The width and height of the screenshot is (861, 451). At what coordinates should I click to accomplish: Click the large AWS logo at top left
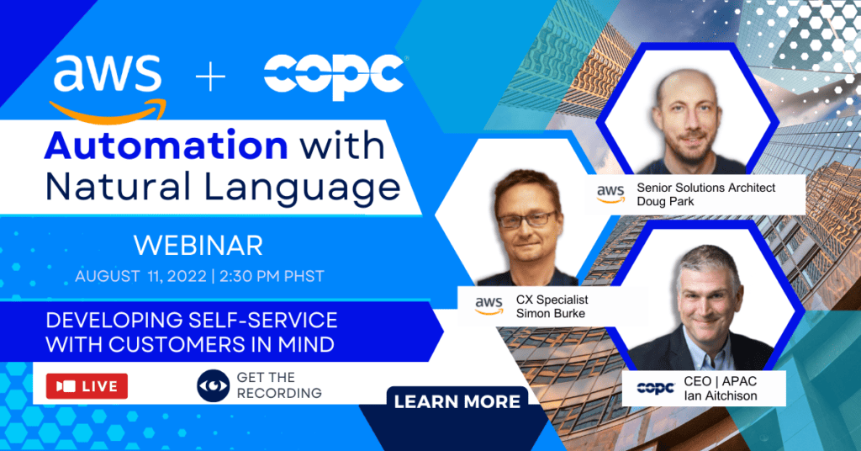click(108, 88)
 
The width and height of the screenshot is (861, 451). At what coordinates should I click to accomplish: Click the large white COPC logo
click(335, 77)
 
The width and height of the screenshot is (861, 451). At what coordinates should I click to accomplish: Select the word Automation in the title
click(166, 146)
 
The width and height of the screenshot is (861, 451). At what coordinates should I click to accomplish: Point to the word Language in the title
click(302, 188)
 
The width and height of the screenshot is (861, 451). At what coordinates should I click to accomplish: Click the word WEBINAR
click(198, 246)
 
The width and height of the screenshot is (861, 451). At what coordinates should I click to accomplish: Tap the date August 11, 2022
click(140, 276)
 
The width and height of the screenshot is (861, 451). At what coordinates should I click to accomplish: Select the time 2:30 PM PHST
click(272, 276)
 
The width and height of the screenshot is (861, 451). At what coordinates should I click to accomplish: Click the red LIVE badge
click(87, 386)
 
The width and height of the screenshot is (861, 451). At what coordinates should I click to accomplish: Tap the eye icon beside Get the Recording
click(213, 385)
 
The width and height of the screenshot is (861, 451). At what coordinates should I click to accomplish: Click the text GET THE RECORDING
click(279, 385)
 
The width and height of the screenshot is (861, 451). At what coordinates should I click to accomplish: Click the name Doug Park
click(665, 202)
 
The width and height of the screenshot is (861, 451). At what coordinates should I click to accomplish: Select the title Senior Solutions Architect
click(706, 188)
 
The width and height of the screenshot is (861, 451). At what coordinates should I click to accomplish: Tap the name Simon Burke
click(550, 313)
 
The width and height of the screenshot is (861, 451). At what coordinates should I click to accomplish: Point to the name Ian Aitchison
click(721, 395)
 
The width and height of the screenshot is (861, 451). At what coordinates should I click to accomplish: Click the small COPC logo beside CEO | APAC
click(656, 389)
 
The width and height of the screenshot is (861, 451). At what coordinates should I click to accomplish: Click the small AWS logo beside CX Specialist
click(489, 305)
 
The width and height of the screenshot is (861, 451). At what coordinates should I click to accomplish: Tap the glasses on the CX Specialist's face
click(527, 220)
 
